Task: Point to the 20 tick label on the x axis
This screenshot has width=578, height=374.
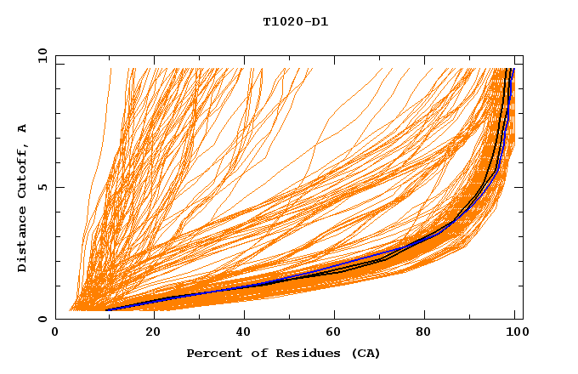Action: point(148,332)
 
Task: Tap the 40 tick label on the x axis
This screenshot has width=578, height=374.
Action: point(241,332)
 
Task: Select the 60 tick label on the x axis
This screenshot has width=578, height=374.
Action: point(332,332)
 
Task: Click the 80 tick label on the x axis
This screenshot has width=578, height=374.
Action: point(425,332)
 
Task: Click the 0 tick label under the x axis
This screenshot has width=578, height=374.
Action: point(56,332)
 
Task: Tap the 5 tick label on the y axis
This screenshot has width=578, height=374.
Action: point(42,188)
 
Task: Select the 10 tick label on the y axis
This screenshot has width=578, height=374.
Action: point(38,56)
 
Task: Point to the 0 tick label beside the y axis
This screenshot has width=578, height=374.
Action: point(42,320)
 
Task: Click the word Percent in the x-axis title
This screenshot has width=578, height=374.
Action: point(211,354)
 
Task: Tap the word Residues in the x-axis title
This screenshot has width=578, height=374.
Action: point(303,354)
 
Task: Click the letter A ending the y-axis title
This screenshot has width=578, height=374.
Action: point(22,127)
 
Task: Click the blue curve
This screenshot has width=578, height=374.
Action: point(212,290)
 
